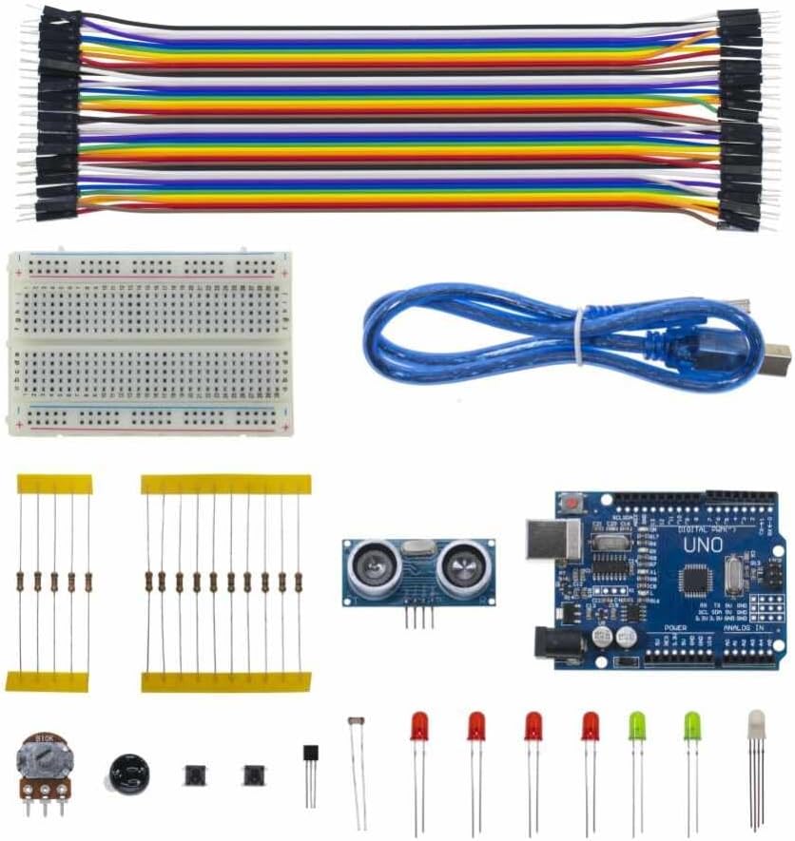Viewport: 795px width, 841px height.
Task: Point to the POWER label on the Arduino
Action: (x=675, y=628)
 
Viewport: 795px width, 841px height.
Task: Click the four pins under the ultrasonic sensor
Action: (x=418, y=616)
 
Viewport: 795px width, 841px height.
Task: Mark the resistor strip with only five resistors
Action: (x=54, y=582)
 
